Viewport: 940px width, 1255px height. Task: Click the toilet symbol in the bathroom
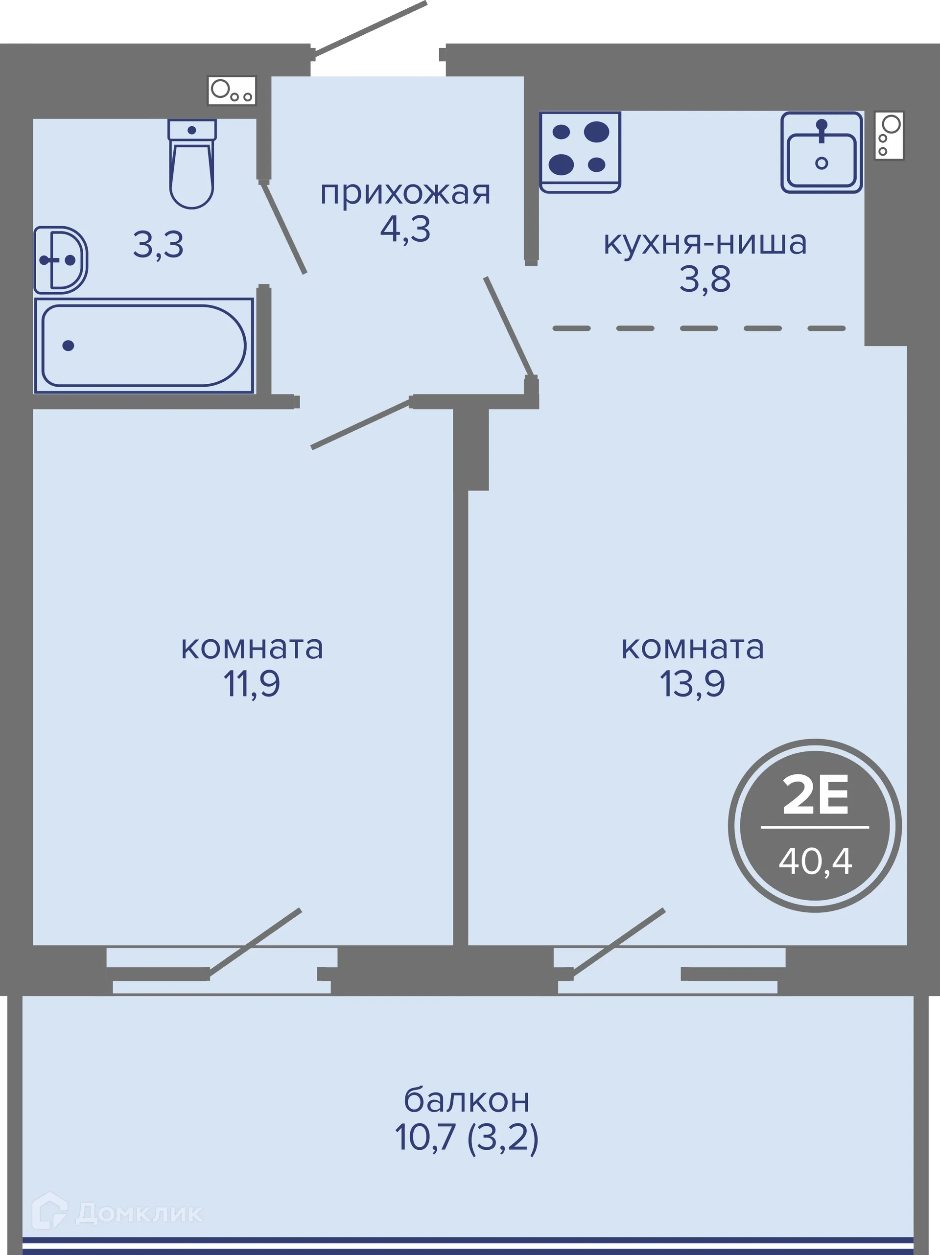pos(192,164)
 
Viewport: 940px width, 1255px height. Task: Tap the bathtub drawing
pos(144,346)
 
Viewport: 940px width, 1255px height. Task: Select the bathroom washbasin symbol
pos(60,260)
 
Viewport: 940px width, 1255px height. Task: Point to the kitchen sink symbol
pos(822,153)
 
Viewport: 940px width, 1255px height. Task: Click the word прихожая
pos(405,193)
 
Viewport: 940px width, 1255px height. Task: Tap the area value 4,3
pos(405,230)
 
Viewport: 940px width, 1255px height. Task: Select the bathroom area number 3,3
pos(158,245)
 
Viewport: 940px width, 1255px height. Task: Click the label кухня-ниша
pos(705,243)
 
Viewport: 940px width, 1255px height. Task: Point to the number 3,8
pos(705,279)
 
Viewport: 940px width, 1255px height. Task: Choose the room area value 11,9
pos(252,684)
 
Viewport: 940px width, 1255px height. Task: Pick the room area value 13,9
pos(692,684)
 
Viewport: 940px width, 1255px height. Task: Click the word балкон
pos(467,1100)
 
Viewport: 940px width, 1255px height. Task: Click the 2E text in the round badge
pos(815,795)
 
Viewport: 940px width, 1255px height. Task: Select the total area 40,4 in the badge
pos(815,860)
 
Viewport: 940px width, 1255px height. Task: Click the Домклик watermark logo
pos(117,1213)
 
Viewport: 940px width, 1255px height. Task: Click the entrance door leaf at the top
pos(369,28)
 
